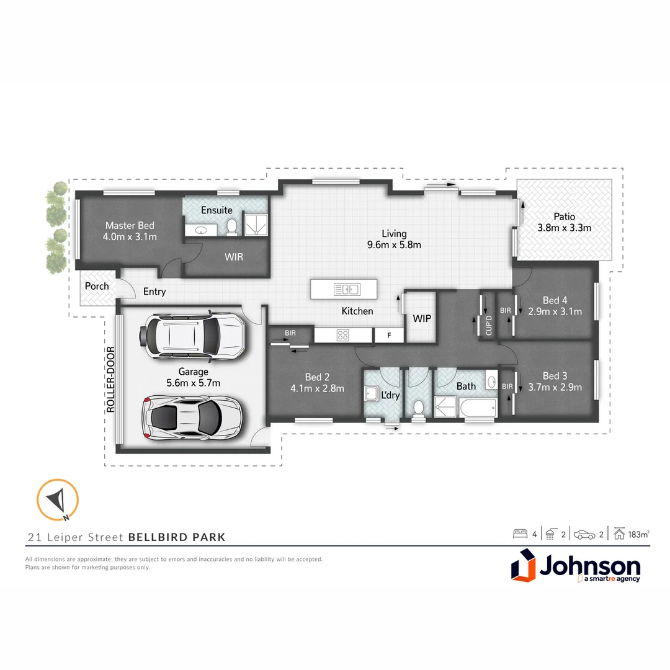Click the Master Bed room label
click(130, 225)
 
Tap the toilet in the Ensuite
click(231, 227)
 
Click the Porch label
click(97, 286)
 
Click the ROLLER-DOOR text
click(111, 380)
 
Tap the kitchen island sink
click(346, 289)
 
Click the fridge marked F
click(389, 336)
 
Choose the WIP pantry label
click(422, 319)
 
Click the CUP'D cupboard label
click(488, 325)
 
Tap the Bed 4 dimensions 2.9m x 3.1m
click(555, 311)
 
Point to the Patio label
click(564, 217)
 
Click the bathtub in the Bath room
click(478, 408)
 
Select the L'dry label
click(390, 395)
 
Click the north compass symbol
click(57, 499)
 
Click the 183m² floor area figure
click(639, 534)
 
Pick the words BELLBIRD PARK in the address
click(177, 537)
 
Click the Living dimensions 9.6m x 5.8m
click(394, 244)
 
